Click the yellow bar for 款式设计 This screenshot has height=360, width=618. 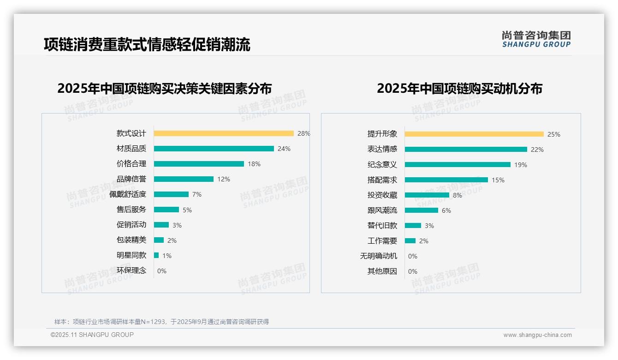point(224,133)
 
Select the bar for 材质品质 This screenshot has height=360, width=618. point(214,149)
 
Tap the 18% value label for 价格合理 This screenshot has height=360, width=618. point(254,164)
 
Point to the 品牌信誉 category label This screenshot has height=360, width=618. point(131,179)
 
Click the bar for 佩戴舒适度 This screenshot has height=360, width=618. point(171,194)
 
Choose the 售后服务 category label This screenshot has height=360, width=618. point(131,210)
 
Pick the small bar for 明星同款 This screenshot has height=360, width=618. point(156,255)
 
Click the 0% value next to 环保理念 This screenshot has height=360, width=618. point(162,271)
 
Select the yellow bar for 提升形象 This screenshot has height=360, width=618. point(474,134)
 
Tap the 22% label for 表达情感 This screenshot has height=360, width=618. point(537,150)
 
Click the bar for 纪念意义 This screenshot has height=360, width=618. point(458,165)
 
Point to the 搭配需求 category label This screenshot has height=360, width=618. point(382,180)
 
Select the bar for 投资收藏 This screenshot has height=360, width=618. point(427,195)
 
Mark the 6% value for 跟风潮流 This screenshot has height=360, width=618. point(446,210)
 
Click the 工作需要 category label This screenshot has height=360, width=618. point(382,241)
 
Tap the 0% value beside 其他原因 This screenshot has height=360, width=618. point(413,271)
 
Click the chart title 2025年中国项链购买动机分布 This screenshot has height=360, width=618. point(459,89)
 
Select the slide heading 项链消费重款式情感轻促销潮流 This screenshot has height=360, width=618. point(147,44)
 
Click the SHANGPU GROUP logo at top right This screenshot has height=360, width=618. point(536,39)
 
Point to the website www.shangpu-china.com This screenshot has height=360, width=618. point(537,335)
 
